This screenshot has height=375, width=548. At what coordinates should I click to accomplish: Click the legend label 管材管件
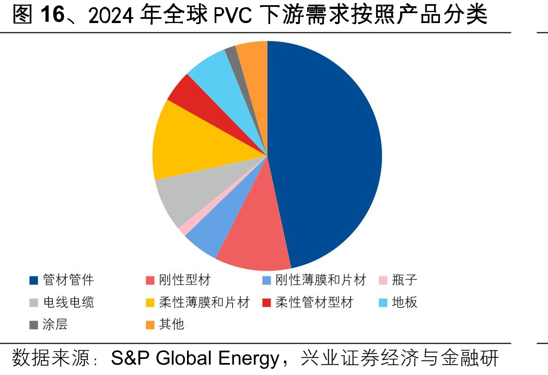(x=68, y=280)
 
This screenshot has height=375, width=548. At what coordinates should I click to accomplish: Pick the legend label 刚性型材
(x=185, y=280)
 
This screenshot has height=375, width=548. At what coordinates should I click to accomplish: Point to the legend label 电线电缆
(x=68, y=302)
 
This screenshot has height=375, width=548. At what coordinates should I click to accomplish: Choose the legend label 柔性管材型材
(x=314, y=302)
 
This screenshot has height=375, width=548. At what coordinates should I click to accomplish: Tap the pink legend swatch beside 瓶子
(x=383, y=280)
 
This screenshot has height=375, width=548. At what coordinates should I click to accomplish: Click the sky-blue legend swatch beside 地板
(x=383, y=302)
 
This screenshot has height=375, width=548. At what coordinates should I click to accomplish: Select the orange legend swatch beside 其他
(x=150, y=325)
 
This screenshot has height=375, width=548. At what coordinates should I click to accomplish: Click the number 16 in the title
(x=52, y=15)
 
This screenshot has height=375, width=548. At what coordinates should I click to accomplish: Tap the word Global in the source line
(x=184, y=358)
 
